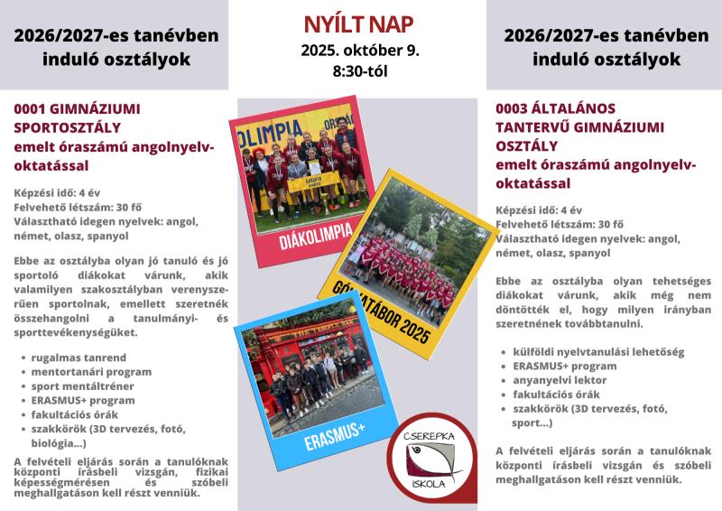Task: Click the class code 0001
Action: click(32, 107)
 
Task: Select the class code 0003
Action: click(514, 107)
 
